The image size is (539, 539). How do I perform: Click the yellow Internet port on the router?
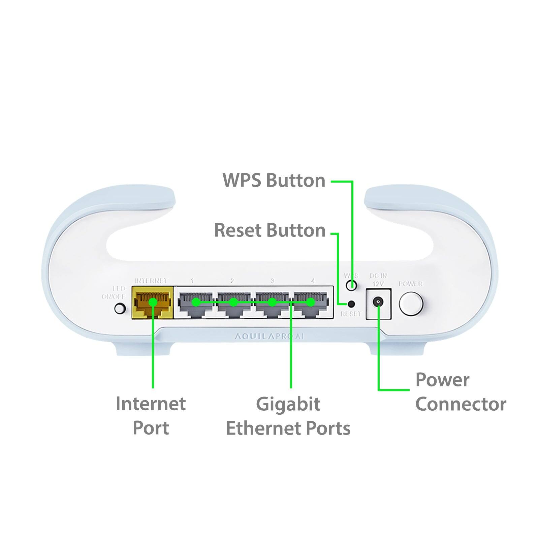[152, 303]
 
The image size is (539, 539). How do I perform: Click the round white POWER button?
[411, 304]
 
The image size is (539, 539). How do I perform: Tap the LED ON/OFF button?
[120, 308]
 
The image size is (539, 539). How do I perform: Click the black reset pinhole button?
[351, 304]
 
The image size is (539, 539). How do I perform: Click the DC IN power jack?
[378, 302]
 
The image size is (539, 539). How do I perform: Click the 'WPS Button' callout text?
[274, 181]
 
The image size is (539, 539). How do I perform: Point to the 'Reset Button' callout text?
[270, 230]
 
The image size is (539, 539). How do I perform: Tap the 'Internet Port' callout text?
[151, 415]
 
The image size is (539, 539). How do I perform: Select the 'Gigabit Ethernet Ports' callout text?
[288, 416]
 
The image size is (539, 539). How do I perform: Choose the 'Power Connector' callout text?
[460, 392]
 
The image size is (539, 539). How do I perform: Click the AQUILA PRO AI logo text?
[269, 336]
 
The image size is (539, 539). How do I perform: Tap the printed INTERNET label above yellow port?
[151, 281]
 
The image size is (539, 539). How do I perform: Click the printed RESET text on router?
[351, 314]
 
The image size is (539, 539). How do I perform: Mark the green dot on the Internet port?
[153, 302]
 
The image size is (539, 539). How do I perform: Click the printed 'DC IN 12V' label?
[378, 280]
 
